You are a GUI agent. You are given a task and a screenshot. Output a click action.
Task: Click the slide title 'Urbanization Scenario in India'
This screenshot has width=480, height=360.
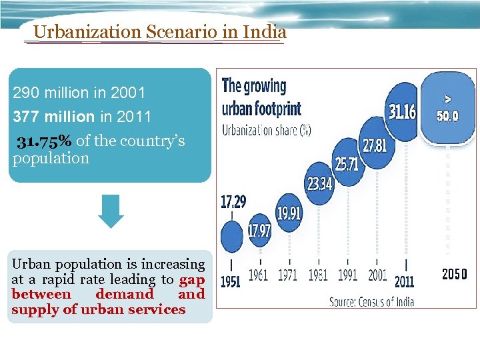pos(159,31)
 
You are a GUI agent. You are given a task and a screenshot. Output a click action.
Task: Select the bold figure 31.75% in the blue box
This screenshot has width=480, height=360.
pos(45,141)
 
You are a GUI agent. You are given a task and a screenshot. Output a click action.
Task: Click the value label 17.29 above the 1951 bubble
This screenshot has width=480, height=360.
pos(231,201)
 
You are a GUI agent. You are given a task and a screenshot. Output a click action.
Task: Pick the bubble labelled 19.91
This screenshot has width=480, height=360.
pos(289,213)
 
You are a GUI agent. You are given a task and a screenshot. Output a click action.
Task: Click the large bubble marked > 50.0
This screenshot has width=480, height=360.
pos(448,108)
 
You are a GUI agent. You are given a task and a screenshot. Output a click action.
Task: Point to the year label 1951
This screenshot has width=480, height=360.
pos(231,281)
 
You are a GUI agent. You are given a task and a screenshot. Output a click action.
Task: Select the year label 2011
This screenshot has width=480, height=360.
pos(403,281)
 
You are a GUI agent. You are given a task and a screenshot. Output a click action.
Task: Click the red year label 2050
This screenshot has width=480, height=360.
pos(455,274)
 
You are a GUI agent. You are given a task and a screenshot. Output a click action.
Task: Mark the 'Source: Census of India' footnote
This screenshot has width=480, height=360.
pos(372,301)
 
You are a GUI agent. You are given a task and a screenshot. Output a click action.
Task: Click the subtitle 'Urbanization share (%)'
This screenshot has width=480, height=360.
pos(266,129)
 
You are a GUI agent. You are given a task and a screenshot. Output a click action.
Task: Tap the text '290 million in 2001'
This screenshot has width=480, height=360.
pos(79,92)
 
